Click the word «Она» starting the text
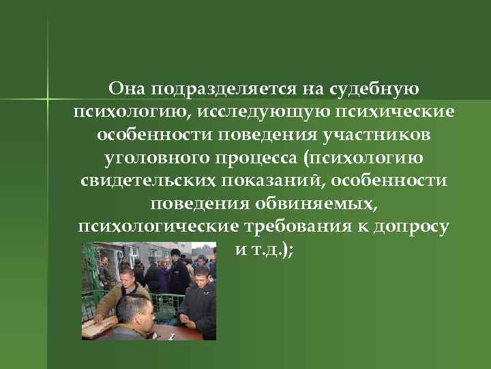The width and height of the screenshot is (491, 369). coord(127,89)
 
